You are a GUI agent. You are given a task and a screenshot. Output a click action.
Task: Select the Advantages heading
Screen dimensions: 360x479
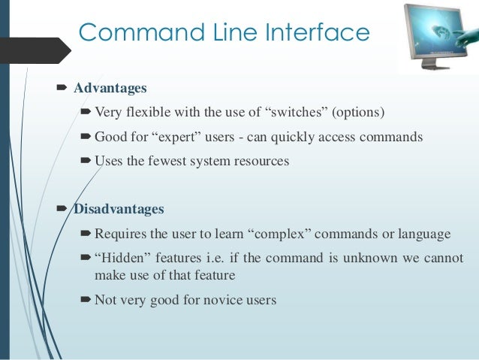(x=110, y=89)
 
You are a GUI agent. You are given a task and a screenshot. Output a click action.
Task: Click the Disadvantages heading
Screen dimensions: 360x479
(x=119, y=208)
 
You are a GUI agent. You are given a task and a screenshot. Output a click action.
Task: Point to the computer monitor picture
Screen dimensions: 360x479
(x=438, y=35)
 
